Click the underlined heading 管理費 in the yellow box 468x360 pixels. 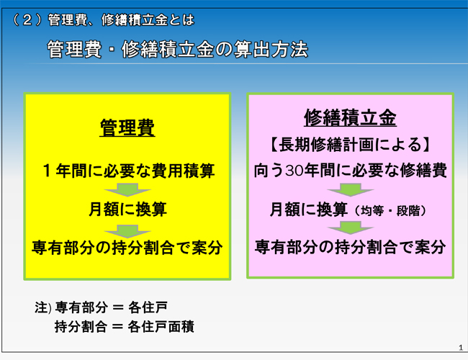127,127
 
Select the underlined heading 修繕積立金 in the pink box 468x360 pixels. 350,117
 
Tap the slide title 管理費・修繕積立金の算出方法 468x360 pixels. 178,49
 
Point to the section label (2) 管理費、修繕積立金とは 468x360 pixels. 104,20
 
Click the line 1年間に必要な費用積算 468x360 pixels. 129,171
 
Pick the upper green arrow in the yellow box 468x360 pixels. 127,190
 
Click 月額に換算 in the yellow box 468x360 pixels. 127,209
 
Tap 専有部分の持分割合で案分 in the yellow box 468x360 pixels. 127,248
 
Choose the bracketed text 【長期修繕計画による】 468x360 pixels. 350,145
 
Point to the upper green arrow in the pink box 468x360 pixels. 351,190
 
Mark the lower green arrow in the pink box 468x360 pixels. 351,228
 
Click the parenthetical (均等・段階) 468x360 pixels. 391,211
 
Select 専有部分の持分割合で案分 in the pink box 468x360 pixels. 350,247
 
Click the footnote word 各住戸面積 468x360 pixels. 161,327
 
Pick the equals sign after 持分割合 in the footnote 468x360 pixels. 117,327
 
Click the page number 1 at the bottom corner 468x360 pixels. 461,348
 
